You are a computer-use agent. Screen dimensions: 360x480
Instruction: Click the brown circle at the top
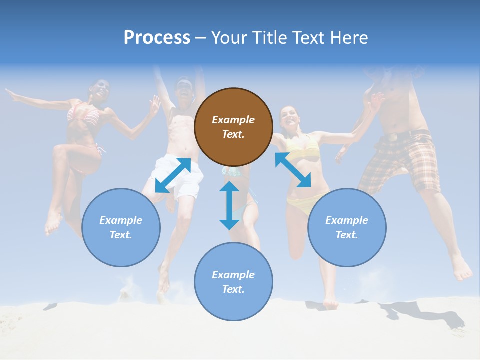233,127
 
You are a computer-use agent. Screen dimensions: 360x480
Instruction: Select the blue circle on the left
121,227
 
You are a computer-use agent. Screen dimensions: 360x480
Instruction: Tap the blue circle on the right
347,227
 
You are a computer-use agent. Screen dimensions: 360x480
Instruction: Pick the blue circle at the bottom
233,282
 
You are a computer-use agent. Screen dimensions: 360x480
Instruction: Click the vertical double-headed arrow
229,205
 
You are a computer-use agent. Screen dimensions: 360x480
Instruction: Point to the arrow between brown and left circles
173,175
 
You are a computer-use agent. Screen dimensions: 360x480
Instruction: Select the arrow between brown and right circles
293,170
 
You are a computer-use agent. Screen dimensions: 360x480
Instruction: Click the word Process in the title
157,38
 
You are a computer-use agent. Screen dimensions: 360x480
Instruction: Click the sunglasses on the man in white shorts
184,86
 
